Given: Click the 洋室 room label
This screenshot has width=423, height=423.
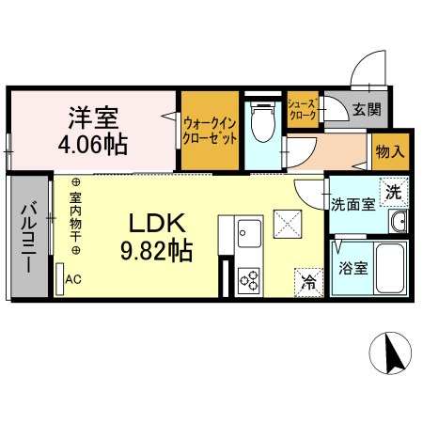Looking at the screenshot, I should click(90, 119).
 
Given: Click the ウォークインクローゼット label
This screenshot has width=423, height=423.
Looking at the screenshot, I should click(210, 130).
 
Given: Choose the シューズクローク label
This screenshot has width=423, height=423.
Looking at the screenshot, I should click(303, 110).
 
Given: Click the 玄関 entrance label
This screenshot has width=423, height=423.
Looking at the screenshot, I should click(367, 110).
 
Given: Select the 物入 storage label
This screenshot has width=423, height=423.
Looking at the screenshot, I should click(389, 150).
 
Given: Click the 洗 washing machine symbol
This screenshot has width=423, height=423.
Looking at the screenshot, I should click(395, 187).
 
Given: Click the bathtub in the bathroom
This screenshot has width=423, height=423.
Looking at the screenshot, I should click(389, 268).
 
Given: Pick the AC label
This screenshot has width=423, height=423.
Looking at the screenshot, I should click(72, 279).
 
